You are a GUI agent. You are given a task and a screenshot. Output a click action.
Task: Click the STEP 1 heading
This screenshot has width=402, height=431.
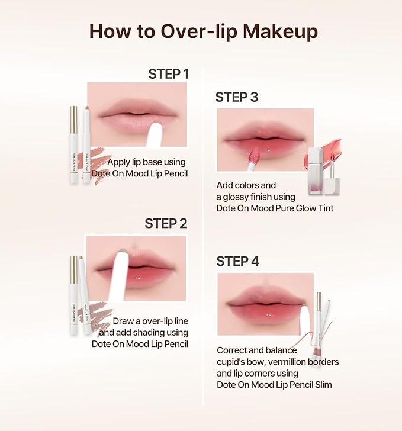coord(168,74)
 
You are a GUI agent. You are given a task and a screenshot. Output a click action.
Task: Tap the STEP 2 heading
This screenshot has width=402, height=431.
coord(166,223)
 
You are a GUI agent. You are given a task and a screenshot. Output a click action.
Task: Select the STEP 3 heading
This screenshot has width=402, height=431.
coord(237,97)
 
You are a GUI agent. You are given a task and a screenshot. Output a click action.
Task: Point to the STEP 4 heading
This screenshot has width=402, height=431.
coord(237,261)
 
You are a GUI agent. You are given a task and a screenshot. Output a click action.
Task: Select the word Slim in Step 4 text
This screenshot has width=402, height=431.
coord(320,385)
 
